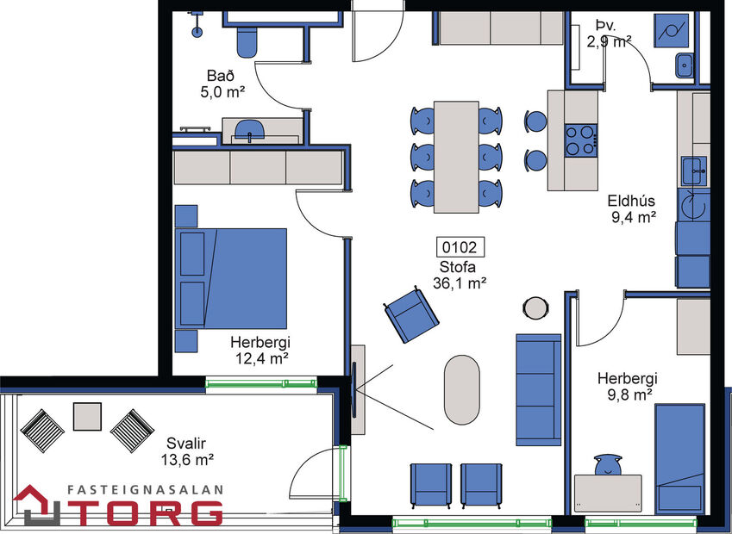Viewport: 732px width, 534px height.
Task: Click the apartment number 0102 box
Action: coord(461,247)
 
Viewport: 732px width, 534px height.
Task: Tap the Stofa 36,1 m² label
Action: coord(461,274)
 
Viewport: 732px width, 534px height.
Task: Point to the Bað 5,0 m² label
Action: coord(225,84)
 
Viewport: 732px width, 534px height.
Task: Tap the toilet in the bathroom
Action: coord(247,40)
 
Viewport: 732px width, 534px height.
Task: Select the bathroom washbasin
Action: coord(251,133)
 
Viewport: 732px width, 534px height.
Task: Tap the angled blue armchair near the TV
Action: coord(411,315)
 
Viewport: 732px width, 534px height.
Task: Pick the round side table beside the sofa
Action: coord(536,307)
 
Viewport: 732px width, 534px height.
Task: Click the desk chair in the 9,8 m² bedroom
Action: coord(610,464)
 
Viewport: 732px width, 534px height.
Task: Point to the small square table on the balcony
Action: coord(87,418)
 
